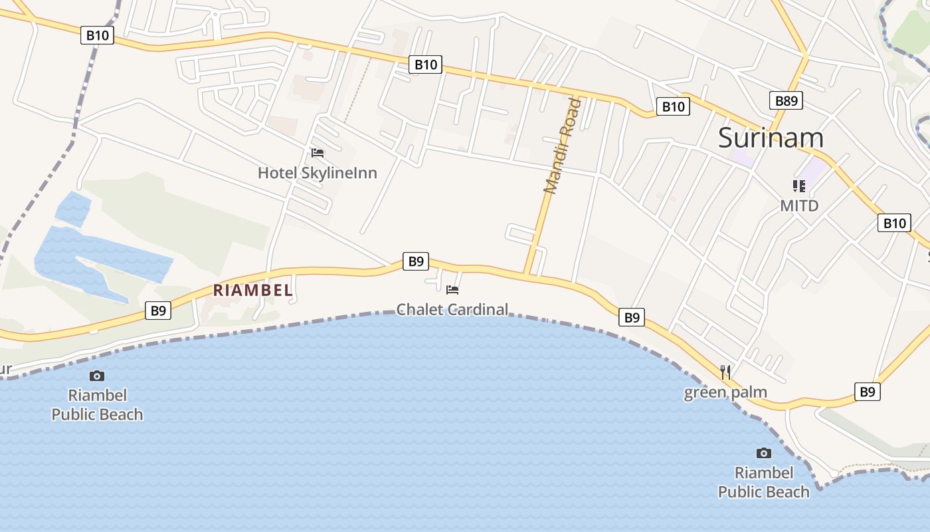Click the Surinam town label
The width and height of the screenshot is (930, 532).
[771, 138]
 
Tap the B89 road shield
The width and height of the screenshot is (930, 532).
[787, 100]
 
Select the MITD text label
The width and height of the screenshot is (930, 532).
[799, 205]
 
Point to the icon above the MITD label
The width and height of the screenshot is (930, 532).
[798, 186]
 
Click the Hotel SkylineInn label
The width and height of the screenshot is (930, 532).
[317, 173]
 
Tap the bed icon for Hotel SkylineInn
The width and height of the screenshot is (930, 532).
[318, 153]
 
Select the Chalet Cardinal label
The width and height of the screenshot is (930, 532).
[452, 309]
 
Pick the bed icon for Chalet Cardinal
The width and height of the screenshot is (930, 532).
[452, 289]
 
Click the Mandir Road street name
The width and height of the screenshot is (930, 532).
[562, 146]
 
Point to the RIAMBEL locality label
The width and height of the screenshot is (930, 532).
[253, 290]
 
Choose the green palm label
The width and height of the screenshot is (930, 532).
[725, 392]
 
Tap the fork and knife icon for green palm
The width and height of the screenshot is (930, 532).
[725, 372]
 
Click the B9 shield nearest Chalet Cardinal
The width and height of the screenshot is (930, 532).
[416, 261]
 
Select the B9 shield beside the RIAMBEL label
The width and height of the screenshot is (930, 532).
[158, 311]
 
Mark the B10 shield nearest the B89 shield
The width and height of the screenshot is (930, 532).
[673, 106]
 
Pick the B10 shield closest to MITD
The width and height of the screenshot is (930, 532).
[894, 223]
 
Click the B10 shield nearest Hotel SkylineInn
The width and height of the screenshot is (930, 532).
[426, 65]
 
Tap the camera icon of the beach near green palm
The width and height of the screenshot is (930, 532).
[764, 453]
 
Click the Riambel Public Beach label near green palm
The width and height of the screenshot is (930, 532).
[764, 482]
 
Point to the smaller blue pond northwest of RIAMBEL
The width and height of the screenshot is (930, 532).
[72, 207]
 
